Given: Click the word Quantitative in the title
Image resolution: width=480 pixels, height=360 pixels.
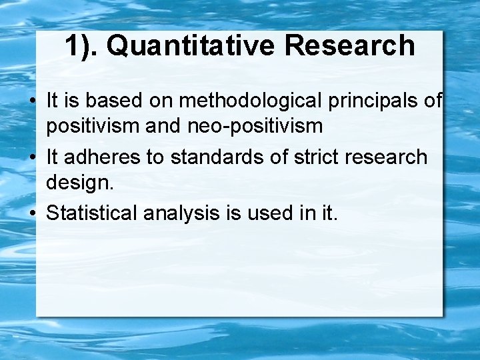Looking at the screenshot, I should coord(190,46).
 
